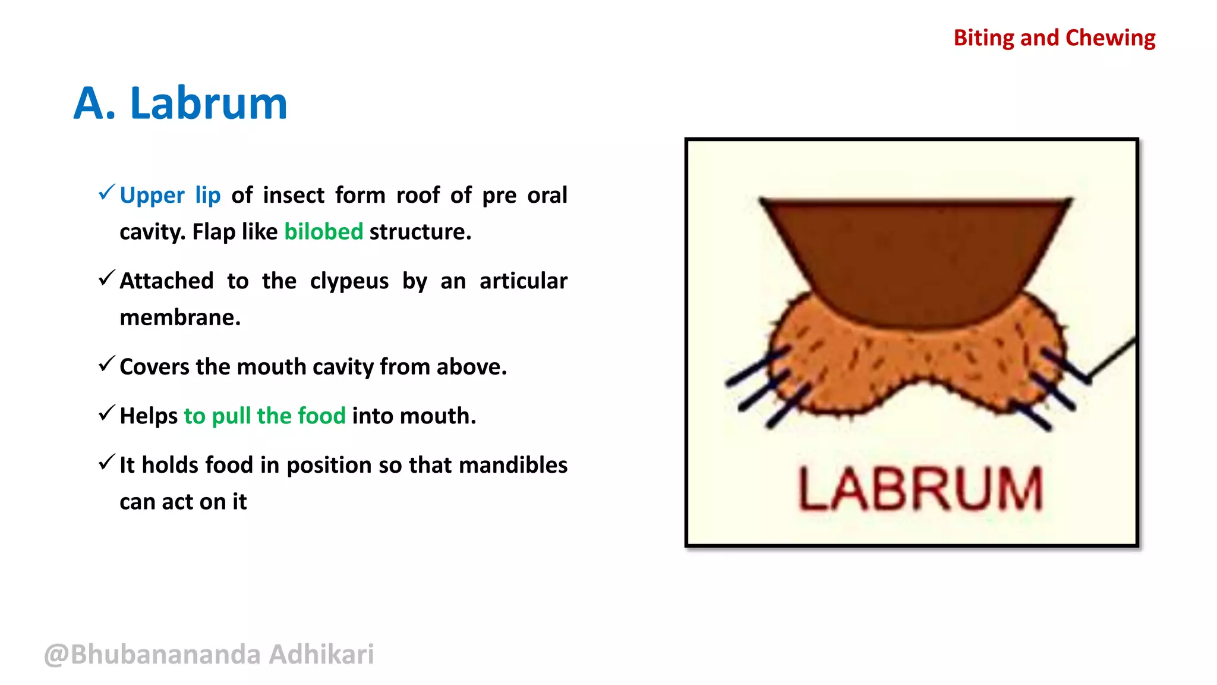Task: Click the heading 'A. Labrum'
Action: (180, 103)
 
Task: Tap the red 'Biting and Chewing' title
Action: (1054, 38)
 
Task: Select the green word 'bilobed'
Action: (323, 231)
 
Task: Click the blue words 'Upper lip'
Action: (170, 195)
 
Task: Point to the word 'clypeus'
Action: (349, 281)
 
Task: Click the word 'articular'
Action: (523, 281)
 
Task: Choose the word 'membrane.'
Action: (180, 318)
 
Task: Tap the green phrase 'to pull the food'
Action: (264, 416)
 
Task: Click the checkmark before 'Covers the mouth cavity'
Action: (106, 363)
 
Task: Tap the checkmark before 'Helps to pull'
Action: (106, 413)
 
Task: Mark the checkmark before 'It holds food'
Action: (106, 461)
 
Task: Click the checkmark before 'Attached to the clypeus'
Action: (106, 277)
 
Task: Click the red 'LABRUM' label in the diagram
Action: (919, 489)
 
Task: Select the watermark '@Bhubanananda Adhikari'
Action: (209, 654)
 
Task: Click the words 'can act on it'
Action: (183, 502)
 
